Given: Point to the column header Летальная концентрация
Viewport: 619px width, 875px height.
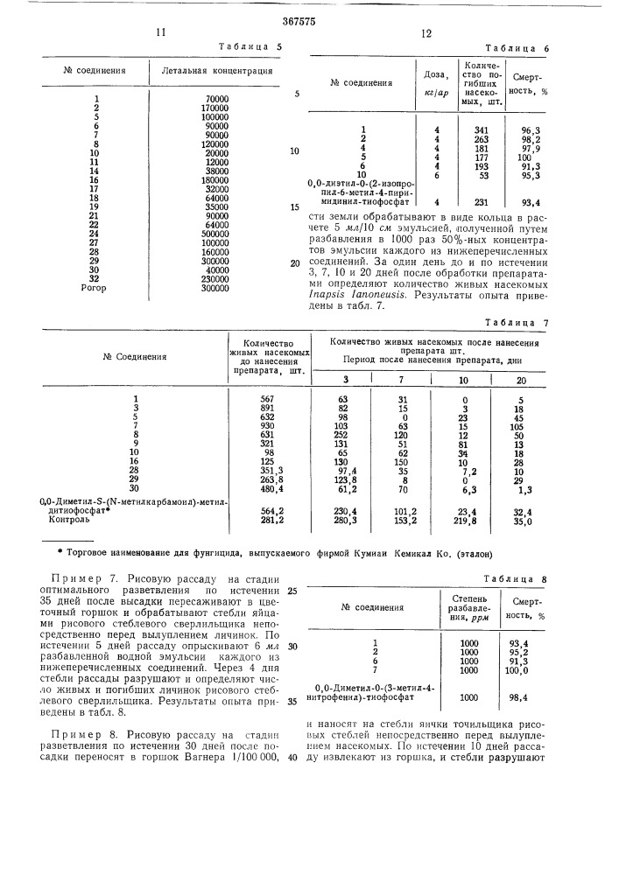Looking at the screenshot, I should tap(212, 71).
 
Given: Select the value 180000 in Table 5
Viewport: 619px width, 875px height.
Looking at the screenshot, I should tap(215, 179).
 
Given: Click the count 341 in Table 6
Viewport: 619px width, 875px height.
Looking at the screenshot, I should tap(471, 130).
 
